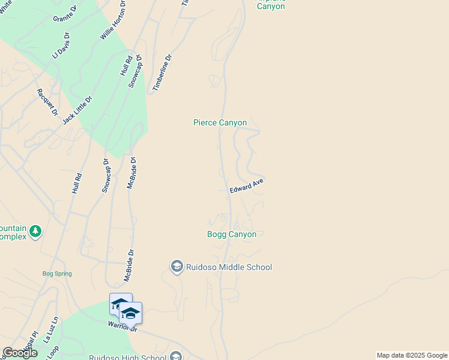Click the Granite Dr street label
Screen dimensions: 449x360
(65, 14)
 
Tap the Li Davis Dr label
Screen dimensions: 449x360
(61, 46)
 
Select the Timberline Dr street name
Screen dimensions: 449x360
(162, 73)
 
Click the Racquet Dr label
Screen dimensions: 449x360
(47, 102)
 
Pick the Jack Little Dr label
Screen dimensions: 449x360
(78, 110)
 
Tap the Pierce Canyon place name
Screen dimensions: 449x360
(220, 122)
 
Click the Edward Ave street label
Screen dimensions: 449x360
(246, 186)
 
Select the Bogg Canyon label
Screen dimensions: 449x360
(232, 235)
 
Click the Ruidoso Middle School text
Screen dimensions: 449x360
(229, 267)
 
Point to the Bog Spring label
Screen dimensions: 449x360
(57, 274)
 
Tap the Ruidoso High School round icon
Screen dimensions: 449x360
(176, 356)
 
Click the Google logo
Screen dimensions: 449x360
(19, 353)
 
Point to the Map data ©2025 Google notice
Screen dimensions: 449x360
(412, 355)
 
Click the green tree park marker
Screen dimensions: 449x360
(35, 231)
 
